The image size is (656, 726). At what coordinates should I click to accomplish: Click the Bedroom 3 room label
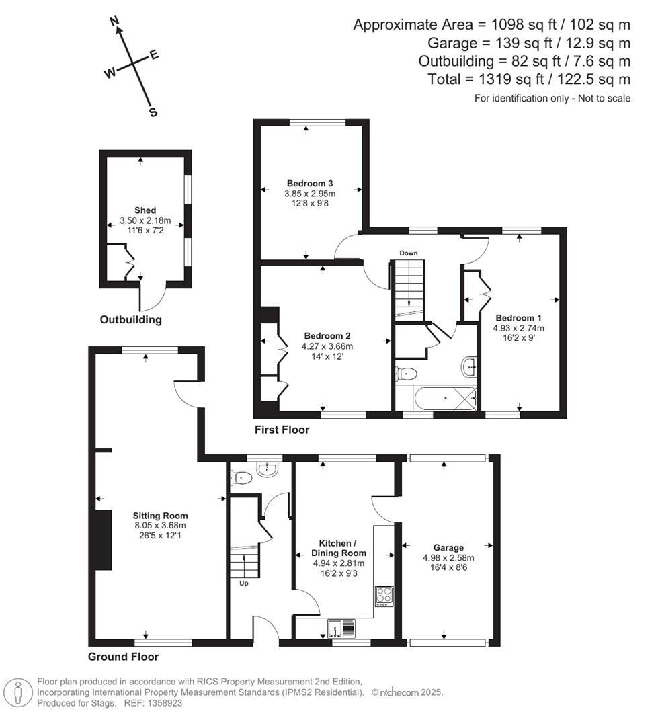[310, 183]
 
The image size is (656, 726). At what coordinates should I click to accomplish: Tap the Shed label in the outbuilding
[145, 210]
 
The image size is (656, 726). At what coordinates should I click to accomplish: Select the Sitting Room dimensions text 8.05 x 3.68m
[159, 526]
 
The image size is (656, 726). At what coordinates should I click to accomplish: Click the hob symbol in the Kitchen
[384, 596]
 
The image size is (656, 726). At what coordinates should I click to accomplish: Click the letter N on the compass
[115, 22]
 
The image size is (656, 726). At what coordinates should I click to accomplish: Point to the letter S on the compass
[153, 112]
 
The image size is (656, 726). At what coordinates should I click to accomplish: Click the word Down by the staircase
[409, 253]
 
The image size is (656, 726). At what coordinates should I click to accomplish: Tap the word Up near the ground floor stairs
[244, 583]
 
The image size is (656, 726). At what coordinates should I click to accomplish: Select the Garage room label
[448, 548]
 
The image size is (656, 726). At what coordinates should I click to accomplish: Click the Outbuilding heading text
[131, 320]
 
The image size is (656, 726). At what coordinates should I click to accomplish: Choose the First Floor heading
[282, 430]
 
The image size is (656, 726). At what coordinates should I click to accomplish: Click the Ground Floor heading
[123, 657]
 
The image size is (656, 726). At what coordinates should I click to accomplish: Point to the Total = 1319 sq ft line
[529, 79]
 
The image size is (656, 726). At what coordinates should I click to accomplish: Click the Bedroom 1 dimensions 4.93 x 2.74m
[518, 328]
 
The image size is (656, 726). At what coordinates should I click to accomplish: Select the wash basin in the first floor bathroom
[469, 366]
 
